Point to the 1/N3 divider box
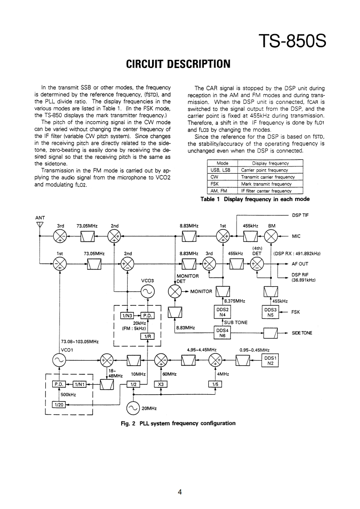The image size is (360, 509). click(127, 316)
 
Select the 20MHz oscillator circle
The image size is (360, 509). click(134, 408)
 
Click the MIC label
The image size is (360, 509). click(296, 236)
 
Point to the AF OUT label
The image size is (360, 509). click(300, 264)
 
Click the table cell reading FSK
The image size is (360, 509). click(216, 184)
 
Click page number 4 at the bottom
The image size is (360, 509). click(180, 492)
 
